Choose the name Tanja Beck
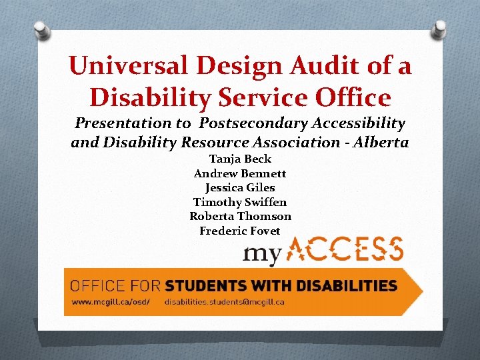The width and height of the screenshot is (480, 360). tap(240, 159)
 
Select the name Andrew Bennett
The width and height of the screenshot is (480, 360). tap(240, 173)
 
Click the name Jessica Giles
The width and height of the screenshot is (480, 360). tap(240, 187)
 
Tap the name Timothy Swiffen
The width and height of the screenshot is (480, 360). tap(240, 202)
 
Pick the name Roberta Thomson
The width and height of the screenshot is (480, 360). tap(240, 217)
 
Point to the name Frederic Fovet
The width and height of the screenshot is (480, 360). tap(240, 231)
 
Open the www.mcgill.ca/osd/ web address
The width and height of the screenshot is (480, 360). tap(111, 301)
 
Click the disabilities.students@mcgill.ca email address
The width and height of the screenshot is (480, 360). tap(225, 301)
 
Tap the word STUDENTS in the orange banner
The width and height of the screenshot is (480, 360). tap(205, 286)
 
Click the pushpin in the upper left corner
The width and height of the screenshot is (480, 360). tap(41, 30)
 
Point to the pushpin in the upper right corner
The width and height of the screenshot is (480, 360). tap(440, 29)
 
